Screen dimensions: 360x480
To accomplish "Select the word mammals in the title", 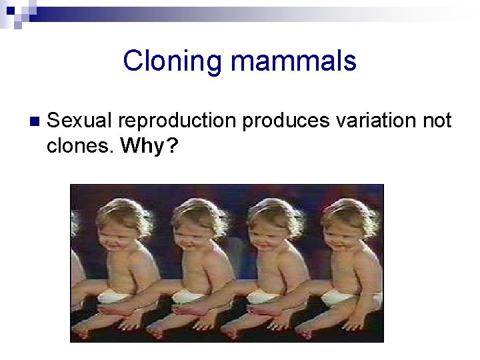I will click(x=293, y=61).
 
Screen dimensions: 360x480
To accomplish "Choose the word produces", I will click(x=286, y=121).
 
